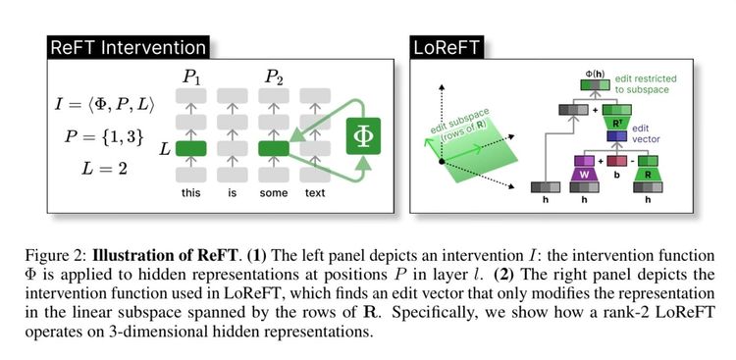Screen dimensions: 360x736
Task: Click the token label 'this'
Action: pos(191,193)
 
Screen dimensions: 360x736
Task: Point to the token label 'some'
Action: pos(274,193)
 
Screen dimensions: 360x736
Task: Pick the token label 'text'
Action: pos(314,193)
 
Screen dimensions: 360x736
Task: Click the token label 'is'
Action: pos(233,193)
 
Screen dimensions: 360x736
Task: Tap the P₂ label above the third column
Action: pos(274,77)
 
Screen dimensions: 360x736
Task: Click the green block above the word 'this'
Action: pos(191,149)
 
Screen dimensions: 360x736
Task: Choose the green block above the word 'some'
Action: pos(274,149)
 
